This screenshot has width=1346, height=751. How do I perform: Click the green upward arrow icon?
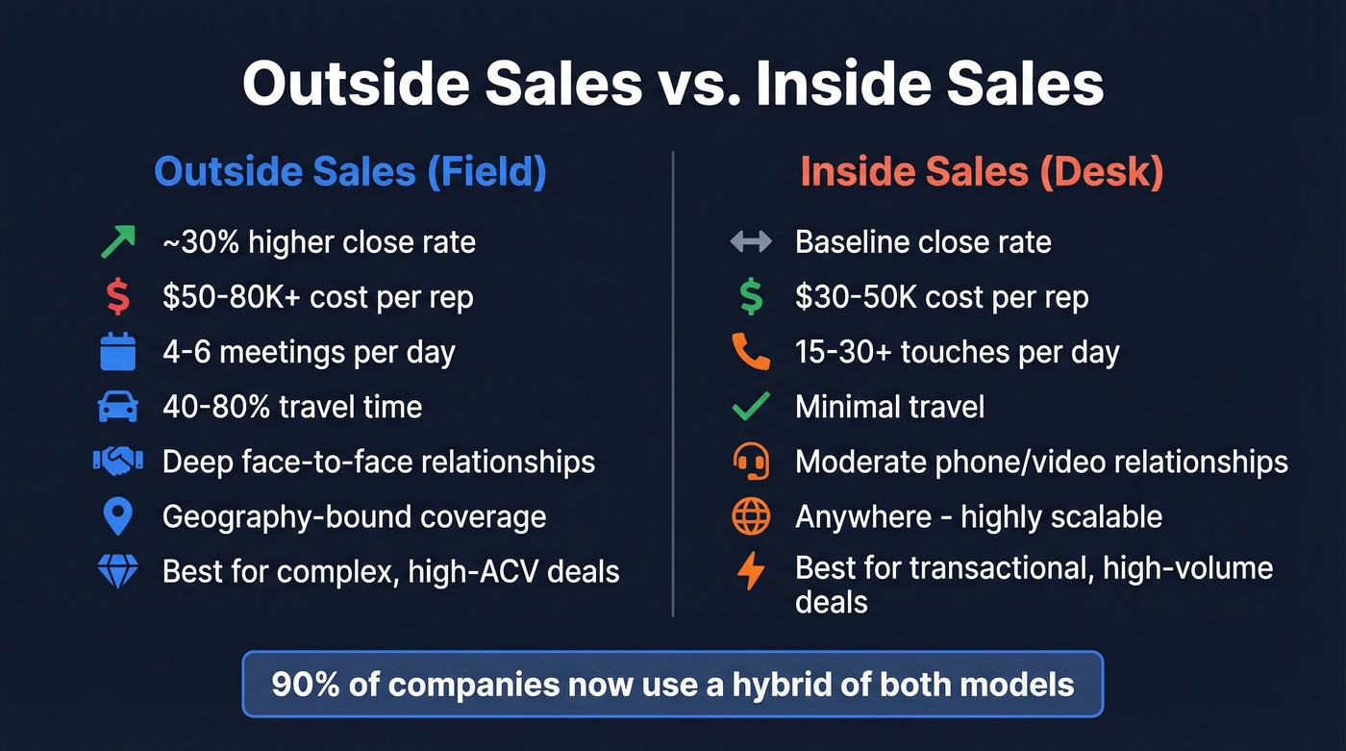click(118, 241)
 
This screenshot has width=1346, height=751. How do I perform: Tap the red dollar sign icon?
click(117, 297)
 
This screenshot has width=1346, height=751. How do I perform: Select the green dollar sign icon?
click(751, 297)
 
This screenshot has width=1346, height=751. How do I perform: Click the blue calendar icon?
click(118, 352)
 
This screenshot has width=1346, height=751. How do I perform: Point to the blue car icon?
click(118, 407)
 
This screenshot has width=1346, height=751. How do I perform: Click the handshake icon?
click(118, 462)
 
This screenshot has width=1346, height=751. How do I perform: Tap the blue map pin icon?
click(117, 517)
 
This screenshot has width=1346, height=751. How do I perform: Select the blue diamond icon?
click(118, 572)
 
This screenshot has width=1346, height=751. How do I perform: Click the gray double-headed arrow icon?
click(751, 241)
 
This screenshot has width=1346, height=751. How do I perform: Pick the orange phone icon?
click(751, 352)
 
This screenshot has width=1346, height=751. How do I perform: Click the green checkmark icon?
click(751, 407)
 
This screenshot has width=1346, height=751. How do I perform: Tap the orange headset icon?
click(751, 462)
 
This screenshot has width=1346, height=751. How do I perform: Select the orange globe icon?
click(751, 517)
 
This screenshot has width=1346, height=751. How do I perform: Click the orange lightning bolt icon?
click(751, 572)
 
